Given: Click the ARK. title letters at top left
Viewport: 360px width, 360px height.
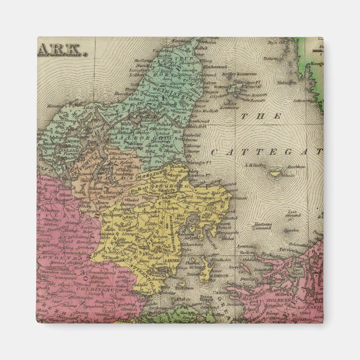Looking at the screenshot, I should click(x=62, y=53).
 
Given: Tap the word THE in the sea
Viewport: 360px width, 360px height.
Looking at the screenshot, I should click(x=261, y=116).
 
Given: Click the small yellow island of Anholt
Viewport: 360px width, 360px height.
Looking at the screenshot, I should click(x=274, y=173).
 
